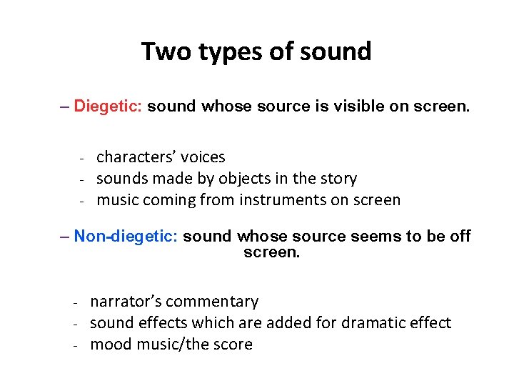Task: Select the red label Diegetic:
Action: coord(109,107)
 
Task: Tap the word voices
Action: coord(203,157)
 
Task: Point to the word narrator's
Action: coord(126,302)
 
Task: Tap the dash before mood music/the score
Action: coord(76,345)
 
